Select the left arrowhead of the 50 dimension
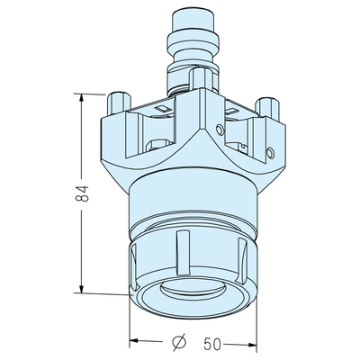point(135,340)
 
